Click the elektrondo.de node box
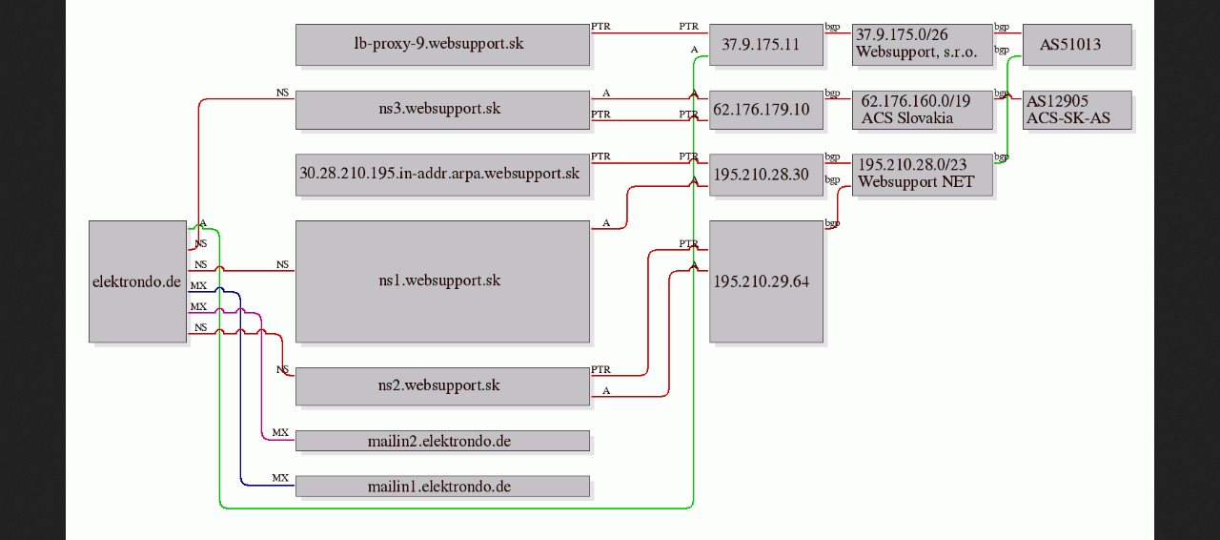pyautogui.click(x=138, y=281)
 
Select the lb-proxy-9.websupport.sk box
pyautogui.click(x=442, y=45)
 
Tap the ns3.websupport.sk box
pyautogui.click(x=442, y=110)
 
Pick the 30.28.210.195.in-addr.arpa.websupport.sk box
pyautogui.click(x=442, y=175)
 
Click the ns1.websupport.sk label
pyautogui.click(x=439, y=280)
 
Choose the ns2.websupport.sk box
pyautogui.click(x=442, y=386)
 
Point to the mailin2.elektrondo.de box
pyautogui.click(x=442, y=441)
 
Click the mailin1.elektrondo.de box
pyautogui.click(x=442, y=486)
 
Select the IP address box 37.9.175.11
pyautogui.click(x=765, y=45)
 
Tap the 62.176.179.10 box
pyautogui.click(x=765, y=110)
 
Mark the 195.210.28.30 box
pyautogui.click(x=765, y=175)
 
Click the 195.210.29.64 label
pyautogui.click(x=762, y=281)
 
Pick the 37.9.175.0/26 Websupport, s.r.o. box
pyautogui.click(x=922, y=45)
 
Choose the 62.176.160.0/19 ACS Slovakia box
pyautogui.click(x=922, y=110)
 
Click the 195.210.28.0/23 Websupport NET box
pyautogui.click(x=922, y=175)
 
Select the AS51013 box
pyautogui.click(x=1077, y=45)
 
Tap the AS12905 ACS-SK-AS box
pyautogui.click(x=1077, y=110)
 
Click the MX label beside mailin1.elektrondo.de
pyautogui.click(x=280, y=478)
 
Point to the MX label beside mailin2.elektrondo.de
pyautogui.click(x=280, y=432)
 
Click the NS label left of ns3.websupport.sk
pyautogui.click(x=282, y=93)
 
